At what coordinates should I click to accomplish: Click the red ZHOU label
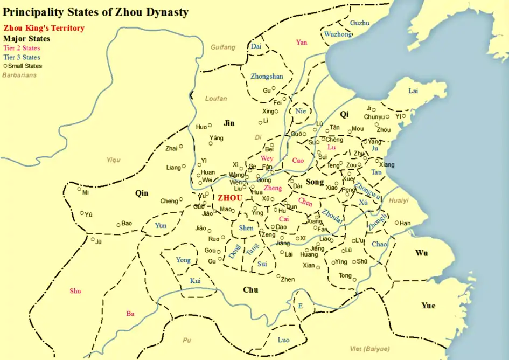(x=229, y=198)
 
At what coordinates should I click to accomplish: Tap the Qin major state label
(x=141, y=193)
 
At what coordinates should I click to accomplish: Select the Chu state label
(x=250, y=290)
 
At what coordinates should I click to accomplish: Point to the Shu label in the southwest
(x=75, y=291)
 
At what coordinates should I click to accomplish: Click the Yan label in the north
(x=302, y=43)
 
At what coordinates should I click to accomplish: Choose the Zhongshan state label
(x=267, y=77)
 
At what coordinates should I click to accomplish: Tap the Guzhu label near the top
(x=360, y=23)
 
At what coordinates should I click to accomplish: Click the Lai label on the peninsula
(x=413, y=91)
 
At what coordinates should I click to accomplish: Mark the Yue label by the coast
(x=428, y=306)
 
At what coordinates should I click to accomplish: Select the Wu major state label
(x=422, y=253)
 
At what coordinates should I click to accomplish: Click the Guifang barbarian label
(x=223, y=47)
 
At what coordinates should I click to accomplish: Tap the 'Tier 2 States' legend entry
(x=22, y=48)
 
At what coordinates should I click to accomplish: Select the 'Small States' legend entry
(x=24, y=66)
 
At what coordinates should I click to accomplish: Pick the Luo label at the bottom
(x=283, y=340)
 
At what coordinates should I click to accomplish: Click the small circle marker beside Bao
(x=118, y=223)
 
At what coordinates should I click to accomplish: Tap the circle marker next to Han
(x=397, y=223)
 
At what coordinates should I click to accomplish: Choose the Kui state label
(x=196, y=281)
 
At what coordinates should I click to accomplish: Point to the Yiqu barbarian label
(x=114, y=160)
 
